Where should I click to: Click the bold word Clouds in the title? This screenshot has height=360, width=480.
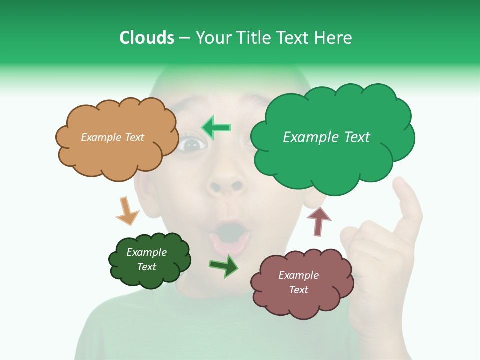pyautogui.click(x=147, y=38)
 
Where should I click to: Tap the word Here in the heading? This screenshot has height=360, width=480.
pyautogui.click(x=335, y=38)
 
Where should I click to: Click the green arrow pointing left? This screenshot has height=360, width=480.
pyautogui.click(x=216, y=128)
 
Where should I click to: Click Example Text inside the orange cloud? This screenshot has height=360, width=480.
pyautogui.click(x=112, y=137)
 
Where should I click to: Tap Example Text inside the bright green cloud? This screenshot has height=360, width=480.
pyautogui.click(x=326, y=137)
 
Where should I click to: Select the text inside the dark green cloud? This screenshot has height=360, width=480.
pyautogui.click(x=146, y=260)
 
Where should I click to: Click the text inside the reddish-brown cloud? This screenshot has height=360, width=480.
pyautogui.click(x=298, y=282)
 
